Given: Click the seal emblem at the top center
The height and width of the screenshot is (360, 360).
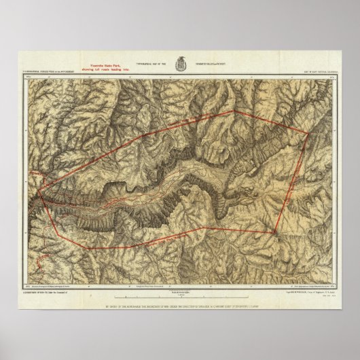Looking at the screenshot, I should [179, 62].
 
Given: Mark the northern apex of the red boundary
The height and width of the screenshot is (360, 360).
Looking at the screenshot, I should [234, 111].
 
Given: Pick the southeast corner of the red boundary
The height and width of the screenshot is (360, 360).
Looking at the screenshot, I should [274, 234].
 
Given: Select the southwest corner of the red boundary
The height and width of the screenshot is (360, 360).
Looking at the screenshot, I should [86, 248].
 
